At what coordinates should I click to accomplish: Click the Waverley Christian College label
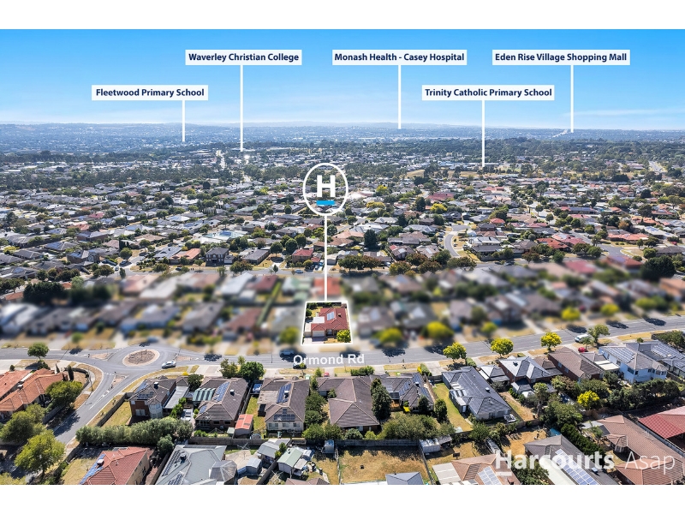tap(243, 57)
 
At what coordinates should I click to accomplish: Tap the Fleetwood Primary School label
tap(150, 93)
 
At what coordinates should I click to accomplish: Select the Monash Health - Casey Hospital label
tap(399, 57)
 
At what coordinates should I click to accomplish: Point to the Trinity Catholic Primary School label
tap(488, 93)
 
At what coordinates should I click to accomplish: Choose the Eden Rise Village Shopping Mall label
tap(561, 57)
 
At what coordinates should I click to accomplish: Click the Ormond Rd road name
tap(329, 359)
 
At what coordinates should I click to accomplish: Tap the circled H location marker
tap(325, 188)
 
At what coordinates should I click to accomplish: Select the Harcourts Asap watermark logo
tap(586, 461)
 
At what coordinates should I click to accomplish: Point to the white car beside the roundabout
tap(169, 363)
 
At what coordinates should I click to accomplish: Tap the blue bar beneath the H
tap(326, 203)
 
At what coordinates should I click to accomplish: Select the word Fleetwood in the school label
tap(114, 93)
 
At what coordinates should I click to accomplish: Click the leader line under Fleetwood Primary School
tap(183, 121)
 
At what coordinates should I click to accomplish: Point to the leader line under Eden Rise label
tap(572, 98)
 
